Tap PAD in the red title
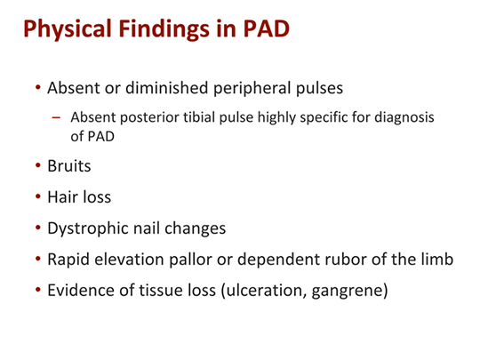(x=262, y=30)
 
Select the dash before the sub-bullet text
(x=59, y=118)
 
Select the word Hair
(x=62, y=197)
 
